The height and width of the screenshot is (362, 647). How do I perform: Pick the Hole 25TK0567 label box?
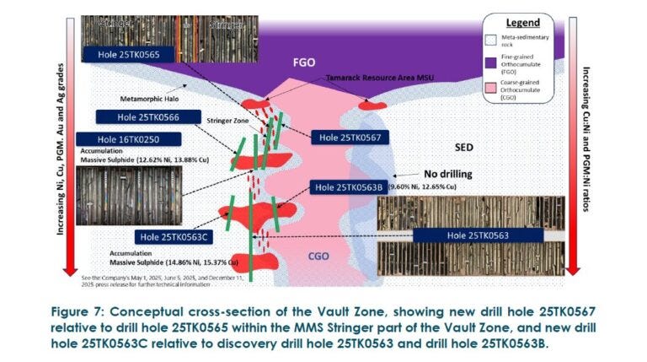[347, 138]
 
